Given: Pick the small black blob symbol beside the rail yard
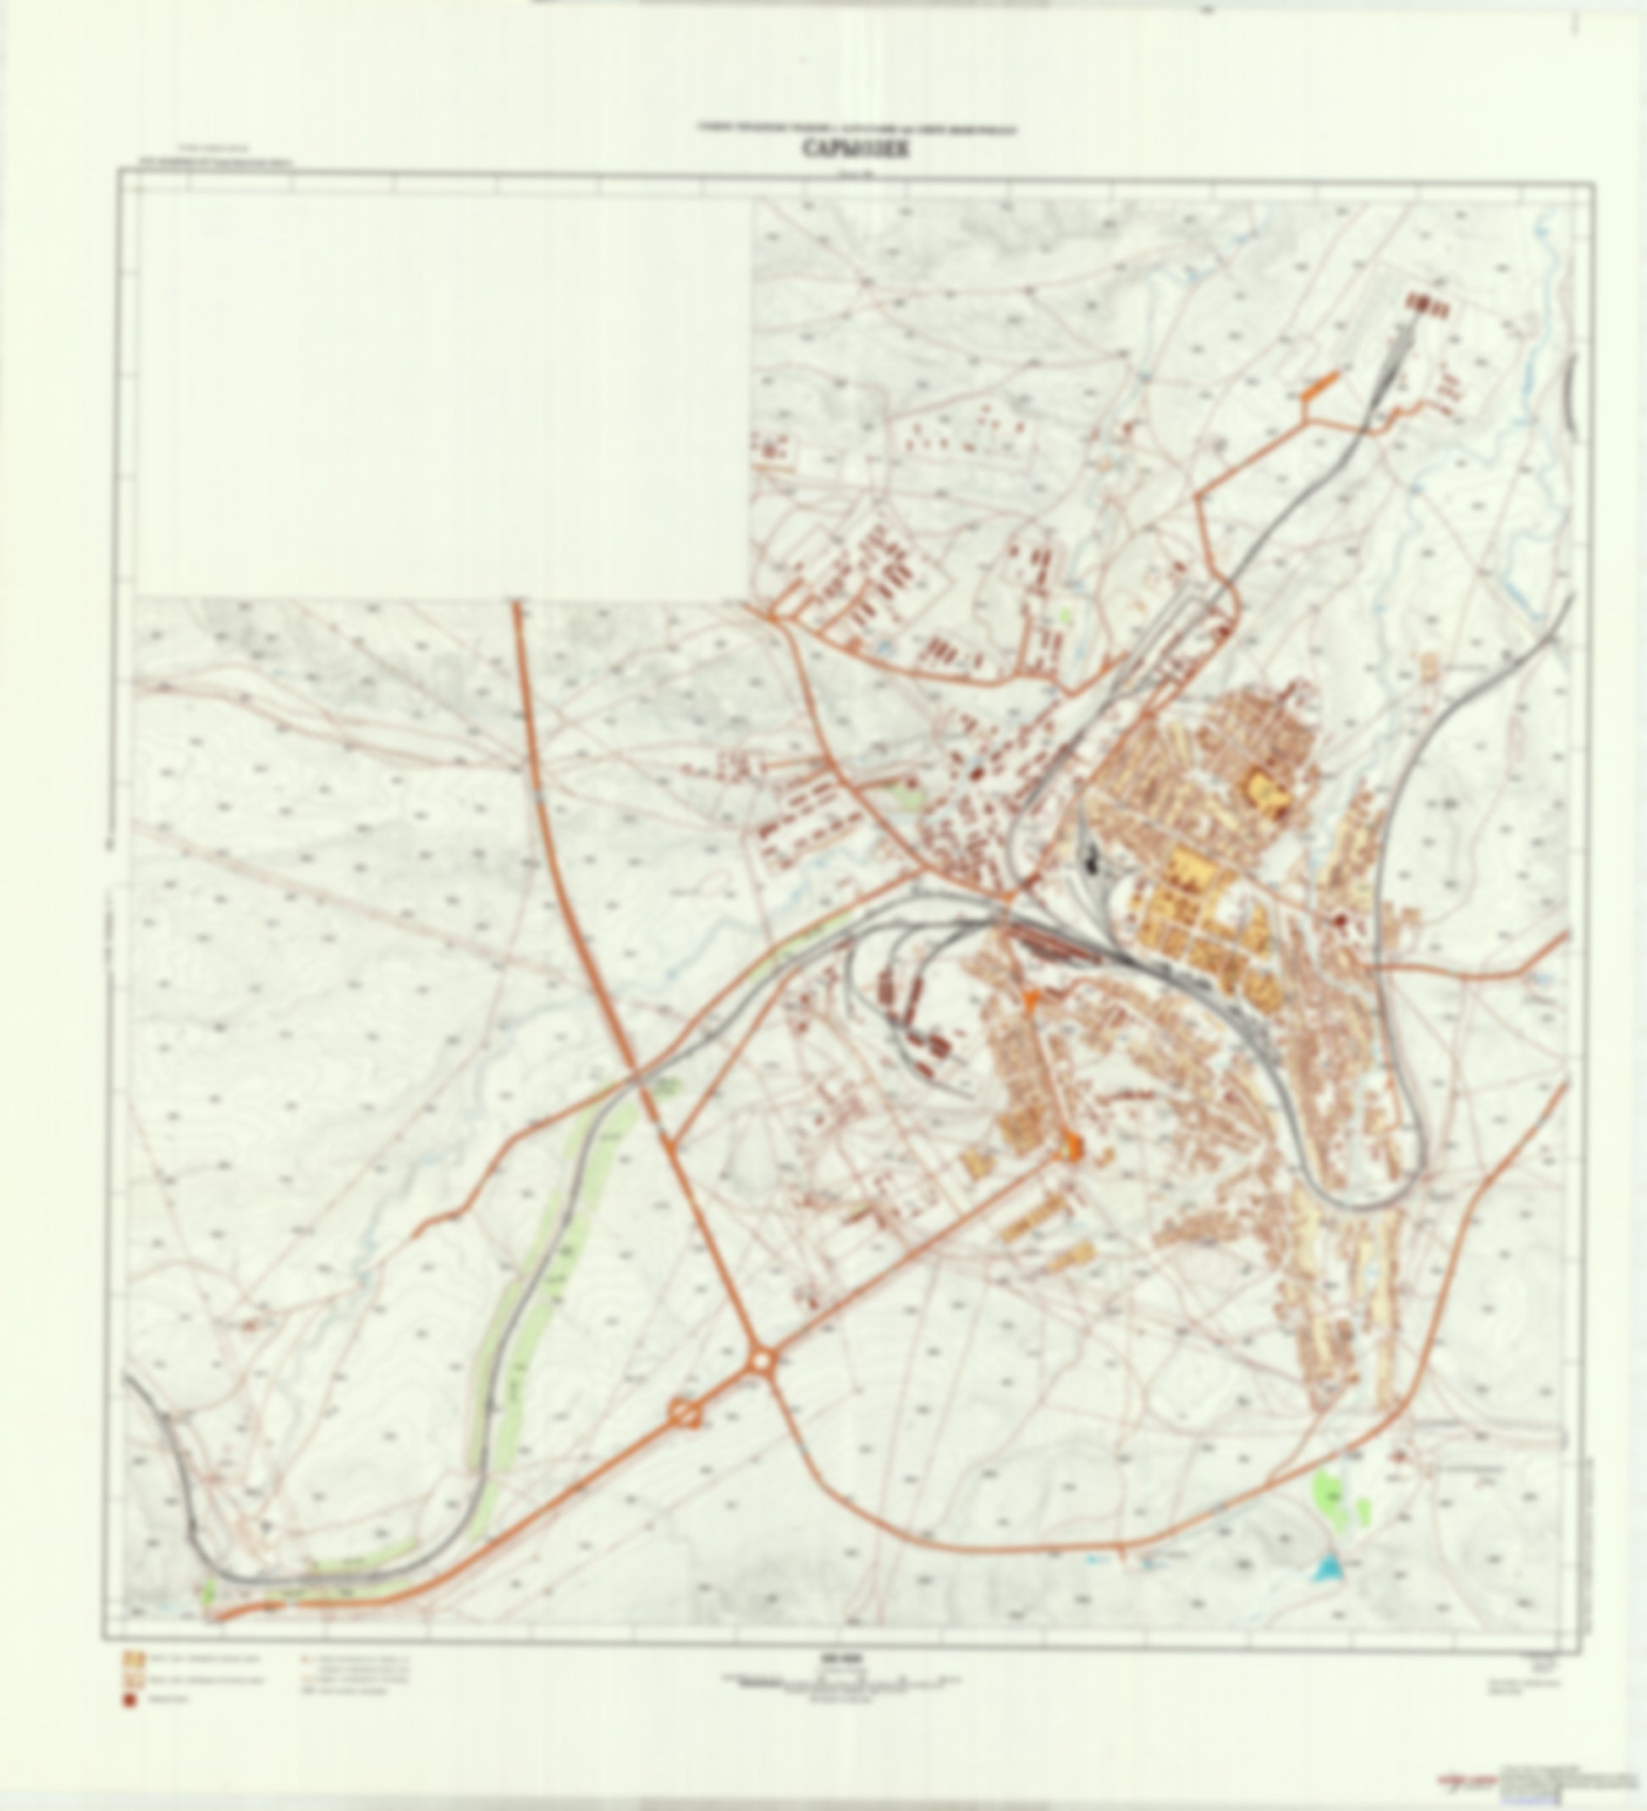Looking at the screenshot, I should (x=1092, y=861).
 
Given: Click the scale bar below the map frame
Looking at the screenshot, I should (x=846, y=1678).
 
